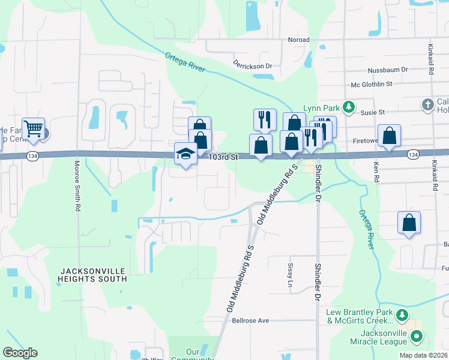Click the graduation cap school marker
tap(186, 154)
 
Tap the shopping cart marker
tap(33, 128)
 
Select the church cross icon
tap(427, 104)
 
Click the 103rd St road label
tap(224, 157)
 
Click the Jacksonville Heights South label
tap(92, 274)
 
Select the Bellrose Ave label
tap(250, 320)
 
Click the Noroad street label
tap(298, 40)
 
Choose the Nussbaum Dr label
tap(388, 70)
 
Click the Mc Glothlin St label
tap(372, 85)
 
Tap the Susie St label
tap(372, 112)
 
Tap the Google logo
tap(20, 353)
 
